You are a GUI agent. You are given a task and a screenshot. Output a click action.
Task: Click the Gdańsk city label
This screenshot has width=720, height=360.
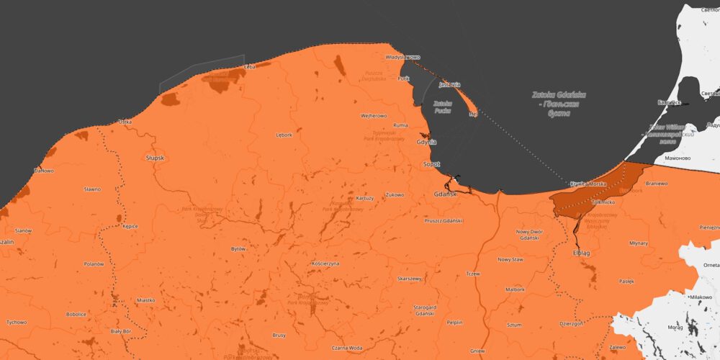pyautogui.click(x=446, y=194)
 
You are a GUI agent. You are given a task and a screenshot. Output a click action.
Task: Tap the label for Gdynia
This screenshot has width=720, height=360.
pyautogui.click(x=427, y=142)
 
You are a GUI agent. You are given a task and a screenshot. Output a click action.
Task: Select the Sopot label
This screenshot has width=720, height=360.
pyautogui.click(x=431, y=164)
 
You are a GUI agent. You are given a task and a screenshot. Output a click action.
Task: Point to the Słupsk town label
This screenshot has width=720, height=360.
pyautogui.click(x=155, y=158)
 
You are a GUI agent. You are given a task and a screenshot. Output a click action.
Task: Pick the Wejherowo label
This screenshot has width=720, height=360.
pyautogui.click(x=374, y=115)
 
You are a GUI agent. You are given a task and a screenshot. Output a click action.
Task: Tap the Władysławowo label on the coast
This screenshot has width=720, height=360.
pyautogui.click(x=402, y=56)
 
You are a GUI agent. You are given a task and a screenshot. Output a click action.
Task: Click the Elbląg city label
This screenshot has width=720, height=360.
pyautogui.click(x=581, y=253)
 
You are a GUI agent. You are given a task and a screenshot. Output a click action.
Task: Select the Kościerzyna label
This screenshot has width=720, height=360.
pyautogui.click(x=325, y=264)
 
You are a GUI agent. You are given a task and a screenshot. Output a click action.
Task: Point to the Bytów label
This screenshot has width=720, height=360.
pyautogui.click(x=238, y=248)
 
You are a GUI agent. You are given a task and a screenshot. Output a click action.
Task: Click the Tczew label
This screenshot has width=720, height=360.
pyautogui.click(x=472, y=274)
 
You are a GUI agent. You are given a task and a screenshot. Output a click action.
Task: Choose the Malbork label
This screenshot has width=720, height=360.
pyautogui.click(x=515, y=289)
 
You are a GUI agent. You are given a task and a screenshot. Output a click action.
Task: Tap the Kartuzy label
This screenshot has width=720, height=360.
pyautogui.click(x=365, y=198)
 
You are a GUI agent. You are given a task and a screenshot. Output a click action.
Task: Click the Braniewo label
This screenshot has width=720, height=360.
pyautogui.click(x=657, y=184)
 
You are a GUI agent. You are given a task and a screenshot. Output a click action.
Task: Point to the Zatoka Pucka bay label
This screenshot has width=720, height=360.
pyautogui.click(x=442, y=107)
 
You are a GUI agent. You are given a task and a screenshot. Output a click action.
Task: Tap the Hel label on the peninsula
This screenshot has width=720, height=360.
pyautogui.click(x=472, y=114)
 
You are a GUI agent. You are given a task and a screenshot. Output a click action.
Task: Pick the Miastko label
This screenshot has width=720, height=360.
pyautogui.click(x=146, y=300)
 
